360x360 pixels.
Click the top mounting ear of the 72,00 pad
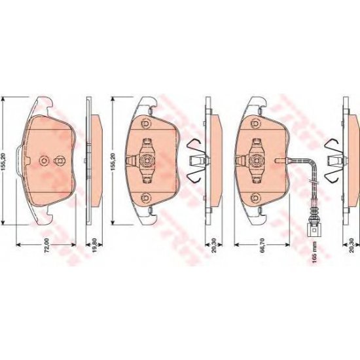click(x=45, y=101)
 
